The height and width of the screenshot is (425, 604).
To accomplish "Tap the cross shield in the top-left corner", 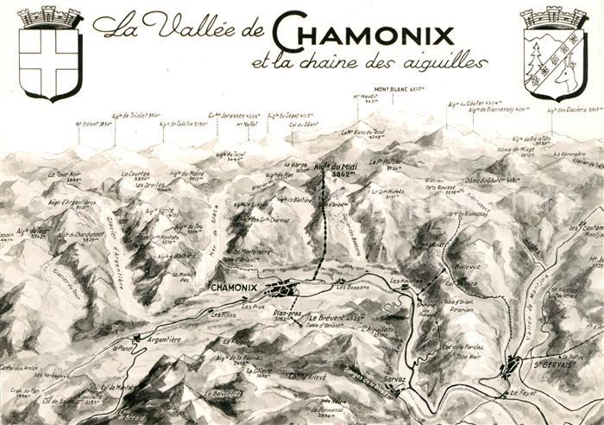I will point(50,54).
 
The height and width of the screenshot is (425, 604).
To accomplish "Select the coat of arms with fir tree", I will point(554,55).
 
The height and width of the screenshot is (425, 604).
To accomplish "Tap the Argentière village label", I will point(166,340).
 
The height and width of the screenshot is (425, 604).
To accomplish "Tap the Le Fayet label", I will point(522,394).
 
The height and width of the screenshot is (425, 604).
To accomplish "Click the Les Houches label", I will point(405,282).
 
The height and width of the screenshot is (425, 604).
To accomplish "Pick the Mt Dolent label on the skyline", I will point(94,124).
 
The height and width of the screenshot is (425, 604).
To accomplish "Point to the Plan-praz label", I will point(286,314).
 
